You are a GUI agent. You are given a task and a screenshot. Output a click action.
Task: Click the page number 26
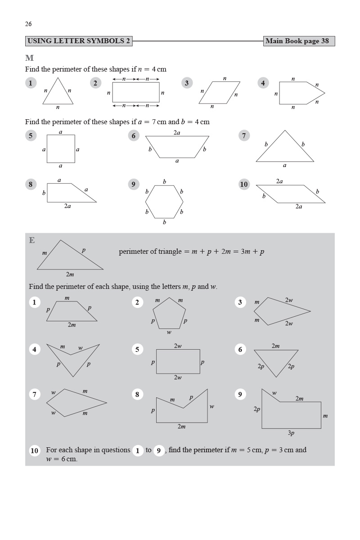(x=28, y=24)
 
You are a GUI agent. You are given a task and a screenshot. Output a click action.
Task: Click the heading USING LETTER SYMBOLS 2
(x=79, y=41)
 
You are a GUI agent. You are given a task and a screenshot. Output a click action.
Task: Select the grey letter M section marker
(x=30, y=58)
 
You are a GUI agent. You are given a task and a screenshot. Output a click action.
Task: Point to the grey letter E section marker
(x=31, y=240)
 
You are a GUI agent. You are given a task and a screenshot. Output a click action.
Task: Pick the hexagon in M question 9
(x=164, y=202)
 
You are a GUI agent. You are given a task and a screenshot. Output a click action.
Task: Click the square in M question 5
(x=61, y=149)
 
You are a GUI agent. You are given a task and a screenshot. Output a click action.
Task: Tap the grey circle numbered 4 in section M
(x=263, y=83)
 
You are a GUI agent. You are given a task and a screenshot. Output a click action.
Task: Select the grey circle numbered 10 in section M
(x=244, y=184)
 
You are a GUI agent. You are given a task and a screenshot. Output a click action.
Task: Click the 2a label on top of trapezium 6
(x=177, y=133)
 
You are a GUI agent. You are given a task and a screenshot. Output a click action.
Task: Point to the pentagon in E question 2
(x=169, y=314)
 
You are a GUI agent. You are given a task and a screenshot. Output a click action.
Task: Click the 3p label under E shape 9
(x=291, y=433)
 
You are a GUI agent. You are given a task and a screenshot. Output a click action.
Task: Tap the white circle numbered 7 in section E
(x=34, y=394)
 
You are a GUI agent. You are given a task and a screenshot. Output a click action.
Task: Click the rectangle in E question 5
(x=178, y=361)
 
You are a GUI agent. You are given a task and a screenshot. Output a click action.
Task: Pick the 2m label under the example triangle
(x=70, y=274)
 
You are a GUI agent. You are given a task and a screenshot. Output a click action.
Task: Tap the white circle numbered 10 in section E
(x=35, y=450)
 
